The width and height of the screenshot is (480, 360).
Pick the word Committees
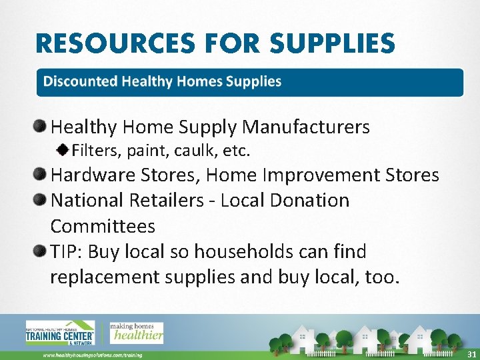pyautogui.click(x=103, y=226)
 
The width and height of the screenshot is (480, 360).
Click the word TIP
pyautogui.click(x=65, y=252)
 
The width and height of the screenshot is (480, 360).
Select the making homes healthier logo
pyautogui.click(x=136, y=331)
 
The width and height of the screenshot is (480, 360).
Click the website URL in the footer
pyautogui.click(x=93, y=355)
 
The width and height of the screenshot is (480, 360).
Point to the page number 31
pyautogui.click(x=471, y=354)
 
